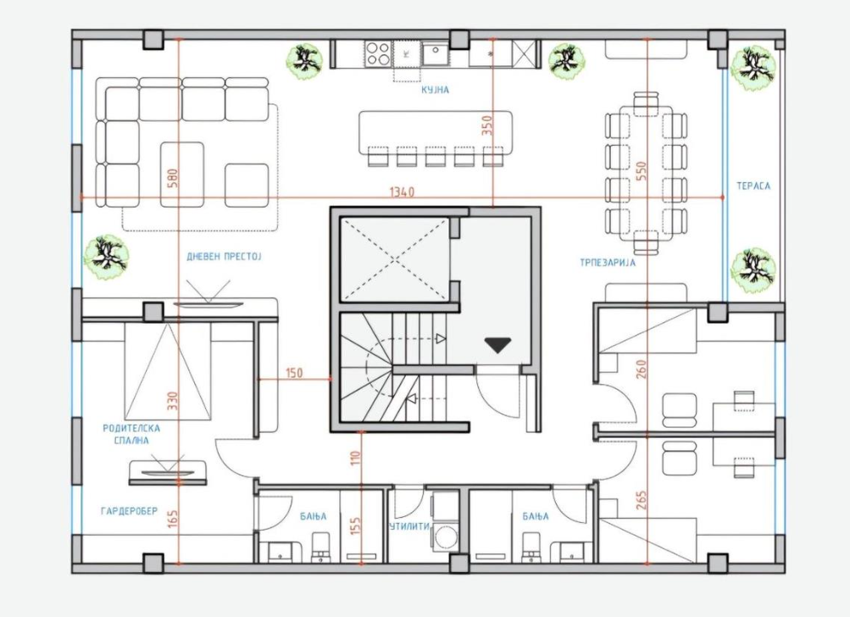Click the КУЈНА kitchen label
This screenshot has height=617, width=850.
coord(436,90)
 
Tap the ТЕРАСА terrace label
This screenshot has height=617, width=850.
coord(753,186)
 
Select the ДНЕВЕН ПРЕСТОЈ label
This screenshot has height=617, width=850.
coord(224,257)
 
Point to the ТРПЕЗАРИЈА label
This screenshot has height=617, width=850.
coord(608,263)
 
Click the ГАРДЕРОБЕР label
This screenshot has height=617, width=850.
coord(129,511)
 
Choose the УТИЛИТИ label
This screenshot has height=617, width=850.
coord(409,526)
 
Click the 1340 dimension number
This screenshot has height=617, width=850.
coord(402,192)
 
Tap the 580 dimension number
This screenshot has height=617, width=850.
coord(173,178)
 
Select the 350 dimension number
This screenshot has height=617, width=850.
coord(486,125)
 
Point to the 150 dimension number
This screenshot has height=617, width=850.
coord(294,373)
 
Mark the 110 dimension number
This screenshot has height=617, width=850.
coord(356,459)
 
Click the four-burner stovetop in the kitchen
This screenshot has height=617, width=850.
coord(378,53)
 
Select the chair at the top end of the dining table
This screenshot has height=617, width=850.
coord(646,103)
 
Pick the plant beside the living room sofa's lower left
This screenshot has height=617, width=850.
coord(106,257)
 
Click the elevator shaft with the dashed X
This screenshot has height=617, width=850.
coord(395,259)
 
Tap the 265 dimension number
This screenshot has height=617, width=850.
coord(642,501)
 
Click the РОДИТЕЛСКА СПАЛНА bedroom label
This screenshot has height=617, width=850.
coord(131,434)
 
